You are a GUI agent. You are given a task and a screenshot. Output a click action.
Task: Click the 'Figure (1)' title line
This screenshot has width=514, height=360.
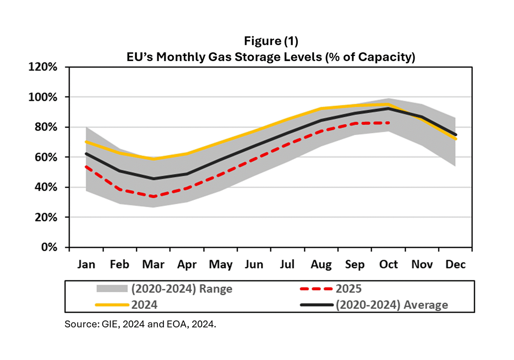click(271, 41)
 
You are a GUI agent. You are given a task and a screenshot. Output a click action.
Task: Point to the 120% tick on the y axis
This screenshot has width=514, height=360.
click(43, 67)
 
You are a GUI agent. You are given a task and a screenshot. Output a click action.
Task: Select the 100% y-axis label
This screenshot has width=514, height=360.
click(43, 97)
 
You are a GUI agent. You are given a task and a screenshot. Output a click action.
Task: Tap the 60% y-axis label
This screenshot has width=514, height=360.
click(46, 157)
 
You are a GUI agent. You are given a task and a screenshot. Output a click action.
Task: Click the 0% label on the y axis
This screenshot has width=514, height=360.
click(49, 247)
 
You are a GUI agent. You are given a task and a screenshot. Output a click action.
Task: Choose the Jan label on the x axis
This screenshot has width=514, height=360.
click(86, 264)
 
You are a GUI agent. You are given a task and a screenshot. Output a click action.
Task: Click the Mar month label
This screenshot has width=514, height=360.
click(153, 264)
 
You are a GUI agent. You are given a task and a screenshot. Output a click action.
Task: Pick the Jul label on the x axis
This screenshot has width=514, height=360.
click(287, 264)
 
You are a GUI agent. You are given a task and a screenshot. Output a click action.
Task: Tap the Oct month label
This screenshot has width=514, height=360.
click(388, 264)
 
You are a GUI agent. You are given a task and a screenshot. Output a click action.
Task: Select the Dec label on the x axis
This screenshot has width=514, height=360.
click(455, 264)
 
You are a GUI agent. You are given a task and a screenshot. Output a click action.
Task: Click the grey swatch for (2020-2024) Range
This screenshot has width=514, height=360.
click(112, 289)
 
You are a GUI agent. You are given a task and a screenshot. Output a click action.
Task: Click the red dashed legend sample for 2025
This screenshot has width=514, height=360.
click(316, 289)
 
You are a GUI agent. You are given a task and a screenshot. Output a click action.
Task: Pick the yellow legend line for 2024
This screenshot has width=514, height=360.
click(112, 305)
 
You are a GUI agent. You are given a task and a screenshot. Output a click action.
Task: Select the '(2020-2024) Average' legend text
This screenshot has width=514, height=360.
click(392, 305)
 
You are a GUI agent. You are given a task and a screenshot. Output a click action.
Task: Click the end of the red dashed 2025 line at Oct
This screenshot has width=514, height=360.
click(388, 123)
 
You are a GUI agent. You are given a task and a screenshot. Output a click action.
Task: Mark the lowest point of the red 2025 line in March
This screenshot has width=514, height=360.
click(154, 196)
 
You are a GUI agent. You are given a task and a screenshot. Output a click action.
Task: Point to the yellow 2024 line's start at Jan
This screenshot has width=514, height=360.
click(86, 142)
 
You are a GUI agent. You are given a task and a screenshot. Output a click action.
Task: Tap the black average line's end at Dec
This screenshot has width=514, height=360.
click(455, 135)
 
